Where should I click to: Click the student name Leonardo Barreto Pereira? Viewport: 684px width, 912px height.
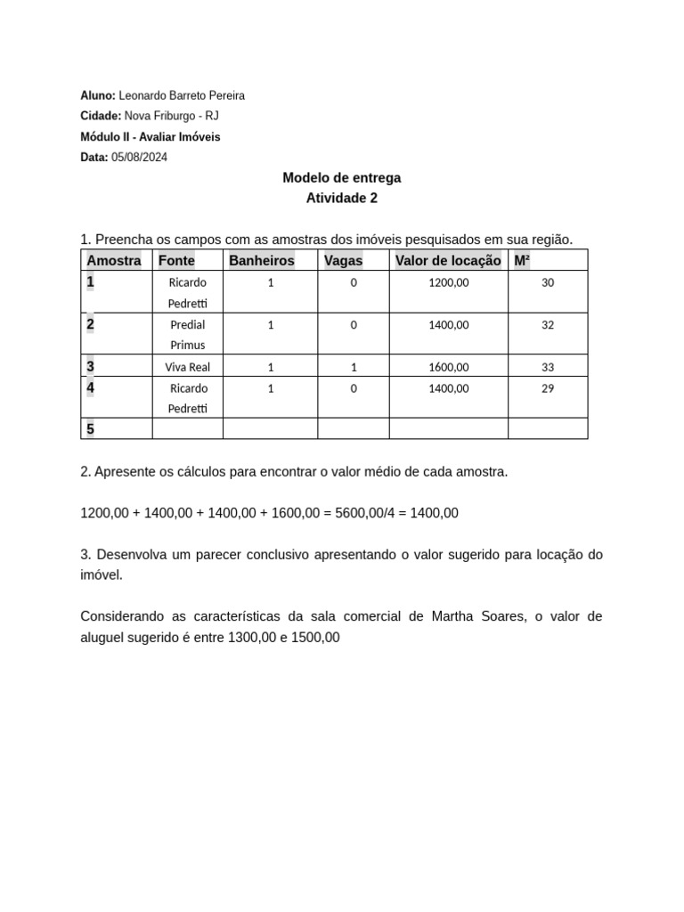click(x=182, y=95)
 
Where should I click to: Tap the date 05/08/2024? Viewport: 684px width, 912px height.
click(x=140, y=158)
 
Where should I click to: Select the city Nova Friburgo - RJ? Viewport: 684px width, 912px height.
click(x=171, y=116)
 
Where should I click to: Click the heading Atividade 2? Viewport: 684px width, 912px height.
click(x=342, y=198)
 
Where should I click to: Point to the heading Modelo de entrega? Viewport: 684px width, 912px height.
click(x=342, y=177)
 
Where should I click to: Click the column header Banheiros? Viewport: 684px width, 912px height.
click(x=262, y=260)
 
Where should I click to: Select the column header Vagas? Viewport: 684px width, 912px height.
click(x=344, y=260)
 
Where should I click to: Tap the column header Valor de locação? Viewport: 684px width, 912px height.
click(x=448, y=260)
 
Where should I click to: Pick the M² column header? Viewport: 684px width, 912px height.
click(x=522, y=260)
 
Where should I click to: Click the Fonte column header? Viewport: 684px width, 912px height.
click(x=176, y=260)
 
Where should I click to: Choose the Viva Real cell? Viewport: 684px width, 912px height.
click(x=187, y=367)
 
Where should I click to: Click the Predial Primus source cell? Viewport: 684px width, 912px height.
click(x=187, y=335)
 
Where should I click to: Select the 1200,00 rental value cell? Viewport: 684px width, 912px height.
click(x=449, y=282)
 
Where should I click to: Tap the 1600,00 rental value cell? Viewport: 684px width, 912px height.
click(x=449, y=367)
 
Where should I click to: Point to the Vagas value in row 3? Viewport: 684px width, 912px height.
click(x=354, y=367)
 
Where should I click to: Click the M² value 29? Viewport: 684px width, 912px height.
click(x=548, y=388)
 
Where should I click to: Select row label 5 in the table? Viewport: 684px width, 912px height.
click(x=91, y=429)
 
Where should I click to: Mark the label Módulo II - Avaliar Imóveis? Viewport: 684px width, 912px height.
click(x=151, y=137)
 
